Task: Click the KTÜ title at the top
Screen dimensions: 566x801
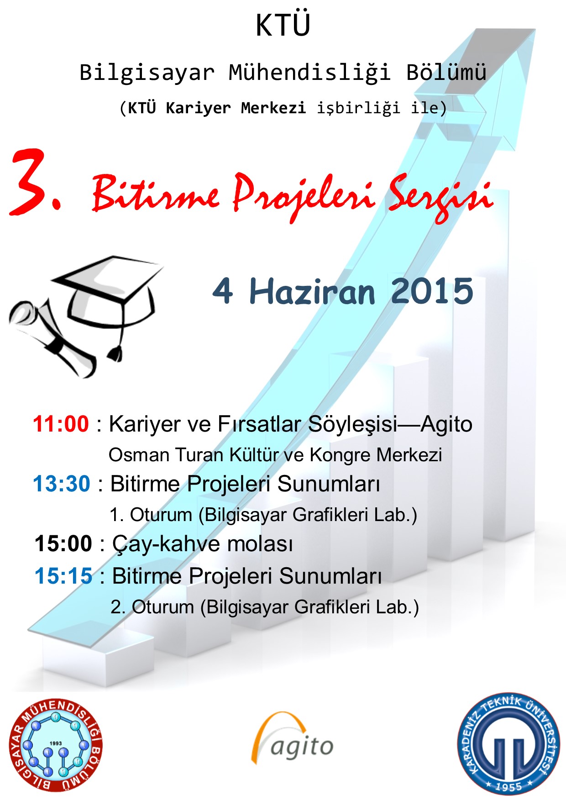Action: click(283, 25)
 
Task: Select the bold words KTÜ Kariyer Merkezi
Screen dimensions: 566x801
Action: click(217, 108)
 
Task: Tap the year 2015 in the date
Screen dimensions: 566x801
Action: click(432, 291)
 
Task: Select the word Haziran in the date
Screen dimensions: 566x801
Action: click(312, 291)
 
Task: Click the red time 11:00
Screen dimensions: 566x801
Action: click(61, 424)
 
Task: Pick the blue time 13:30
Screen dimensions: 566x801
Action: click(62, 484)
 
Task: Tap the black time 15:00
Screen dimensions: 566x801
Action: click(63, 544)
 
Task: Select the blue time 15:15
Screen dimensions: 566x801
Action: click(63, 576)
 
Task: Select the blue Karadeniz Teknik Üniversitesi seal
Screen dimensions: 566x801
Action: click(509, 744)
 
